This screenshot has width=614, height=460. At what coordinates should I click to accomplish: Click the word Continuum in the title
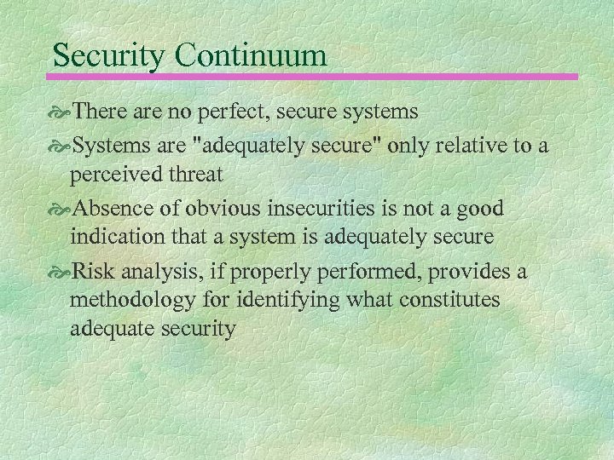point(252,55)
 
